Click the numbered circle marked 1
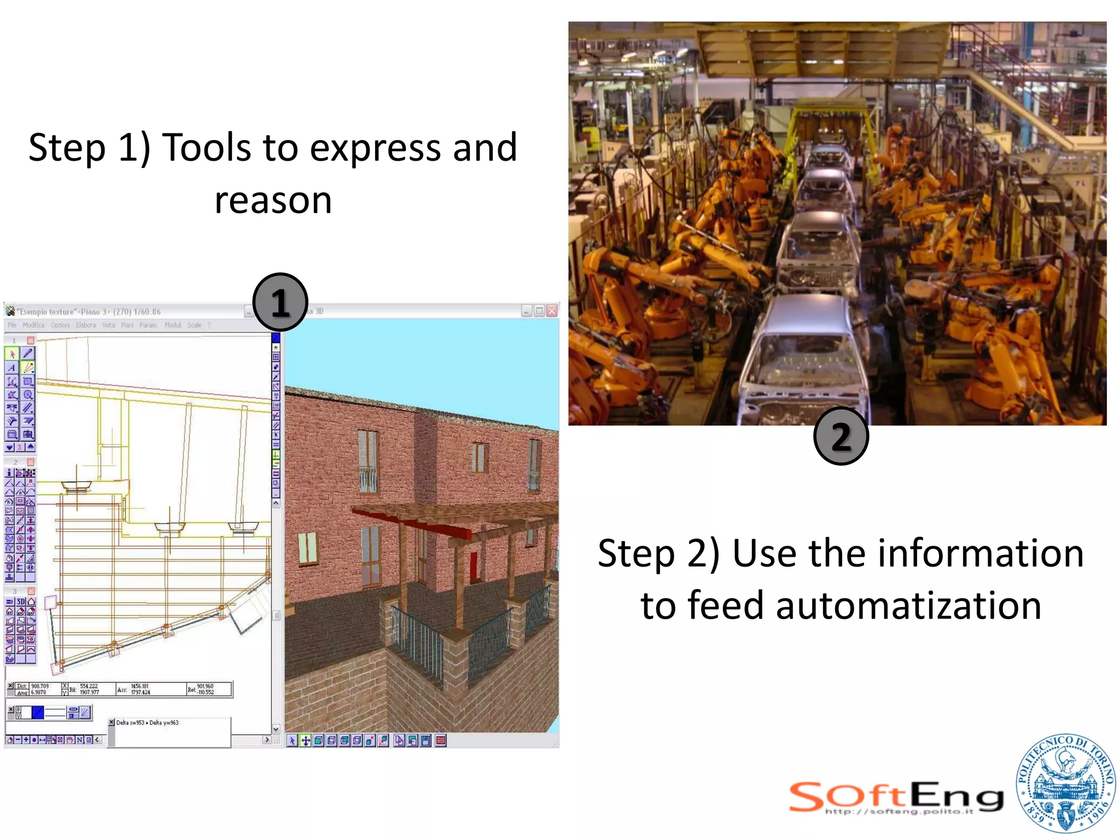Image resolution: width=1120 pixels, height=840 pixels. coord(280,302)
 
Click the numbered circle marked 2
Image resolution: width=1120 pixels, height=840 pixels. coord(841,436)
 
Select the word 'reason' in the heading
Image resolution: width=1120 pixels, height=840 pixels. coord(273,200)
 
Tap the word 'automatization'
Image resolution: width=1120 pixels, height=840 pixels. coord(908,606)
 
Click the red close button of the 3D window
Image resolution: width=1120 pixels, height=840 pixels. coord(552,311)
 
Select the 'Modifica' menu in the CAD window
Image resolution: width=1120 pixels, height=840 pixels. coord(33,325)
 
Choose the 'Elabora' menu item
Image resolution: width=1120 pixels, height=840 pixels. coord(86,325)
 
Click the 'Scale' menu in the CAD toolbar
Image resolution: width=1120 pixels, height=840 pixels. coord(194,325)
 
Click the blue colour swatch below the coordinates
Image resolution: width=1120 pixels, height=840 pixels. coord(38,712)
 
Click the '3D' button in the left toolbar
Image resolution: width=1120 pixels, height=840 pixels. coord(21,602)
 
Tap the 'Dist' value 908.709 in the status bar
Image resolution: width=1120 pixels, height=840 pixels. coord(40,686)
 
